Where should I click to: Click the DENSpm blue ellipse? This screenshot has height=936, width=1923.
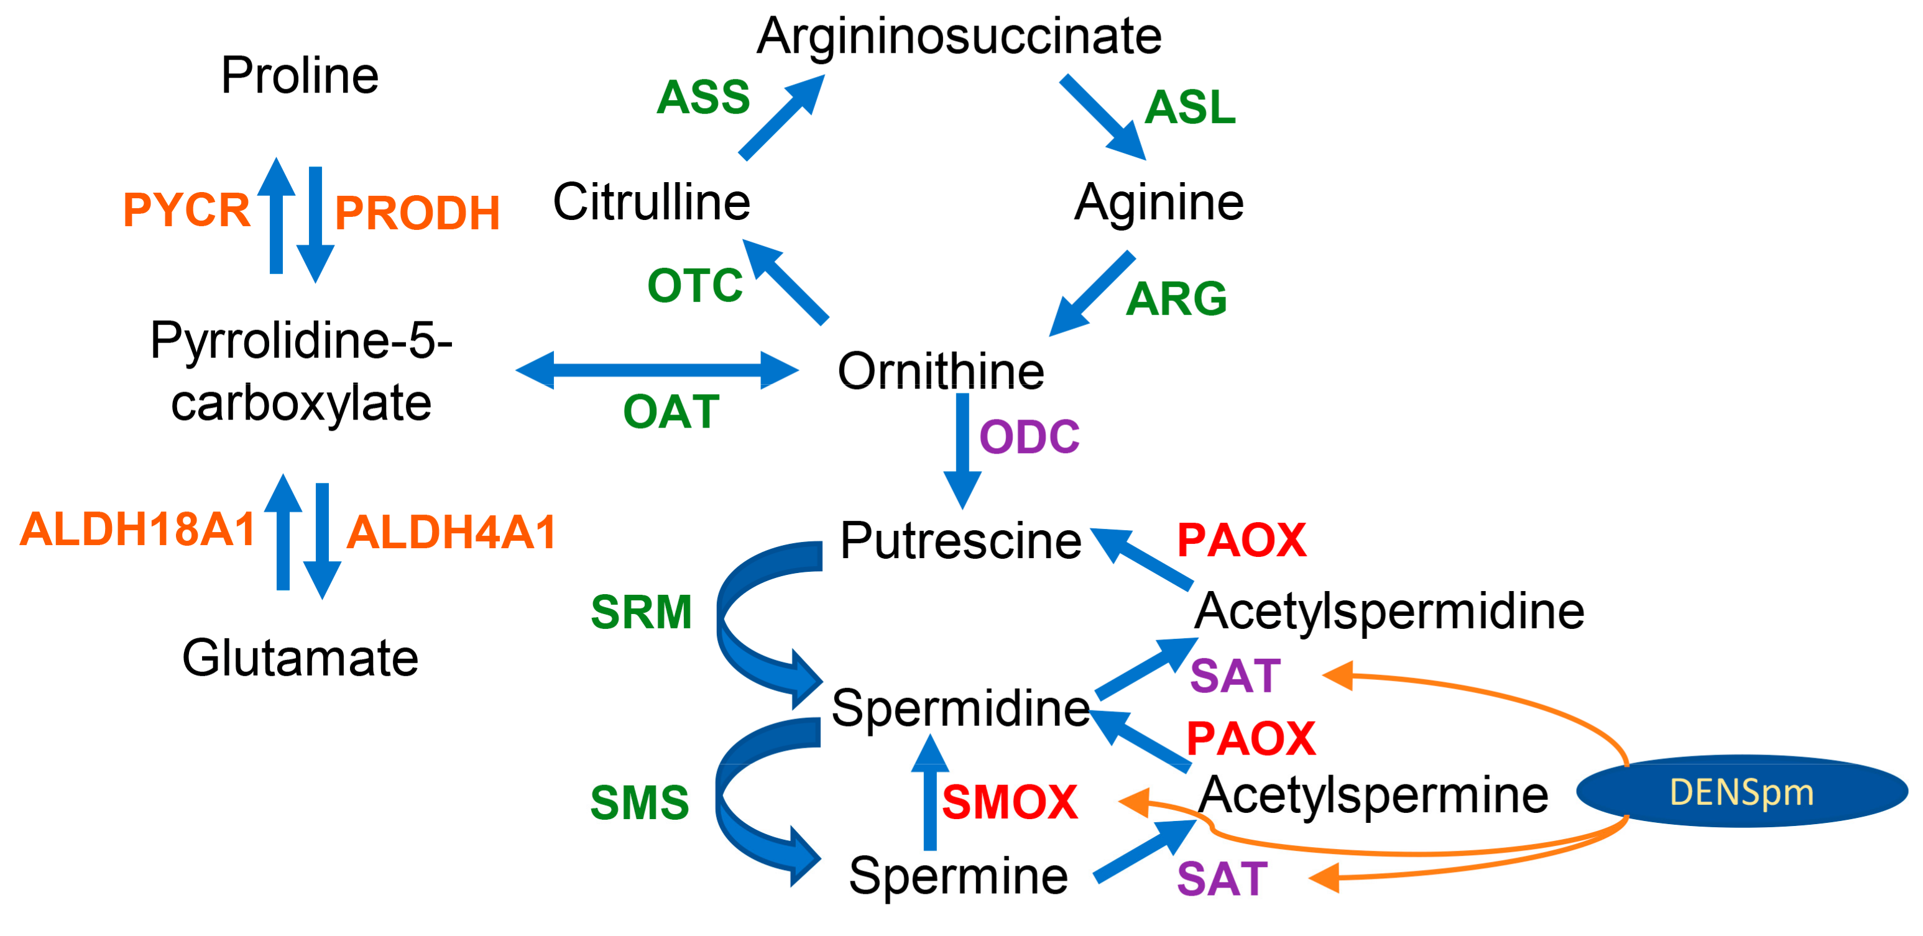1741,792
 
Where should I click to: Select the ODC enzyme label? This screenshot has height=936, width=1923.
1029,437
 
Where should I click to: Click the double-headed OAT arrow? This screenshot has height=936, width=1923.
657,369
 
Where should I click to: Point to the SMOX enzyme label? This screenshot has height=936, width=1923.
1009,803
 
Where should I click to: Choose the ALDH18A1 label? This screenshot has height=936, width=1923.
138,530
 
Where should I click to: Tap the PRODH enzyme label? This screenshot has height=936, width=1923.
417,213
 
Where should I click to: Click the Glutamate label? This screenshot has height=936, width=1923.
300,658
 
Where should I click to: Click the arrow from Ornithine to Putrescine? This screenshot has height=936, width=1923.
963,448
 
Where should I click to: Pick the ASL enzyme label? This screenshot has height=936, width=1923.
1190,108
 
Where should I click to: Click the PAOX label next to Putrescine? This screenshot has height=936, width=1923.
1242,540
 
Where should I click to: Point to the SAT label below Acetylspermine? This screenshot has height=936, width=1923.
1222,879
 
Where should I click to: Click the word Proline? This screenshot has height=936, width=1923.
300,75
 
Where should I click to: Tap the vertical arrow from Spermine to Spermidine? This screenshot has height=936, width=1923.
930,795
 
